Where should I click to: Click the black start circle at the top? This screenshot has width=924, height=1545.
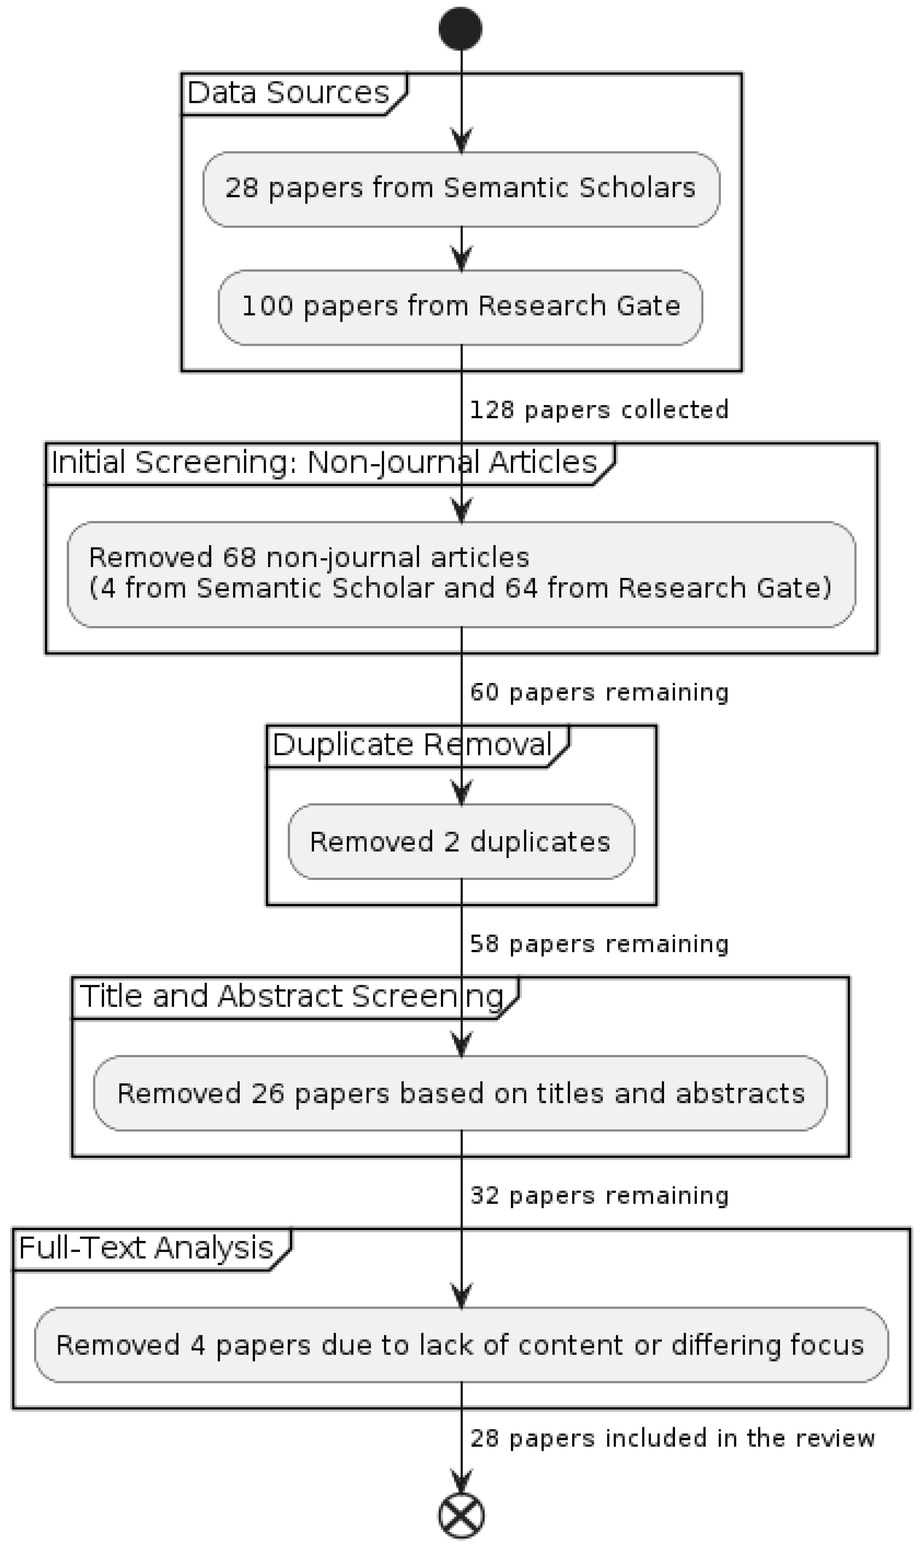click(460, 28)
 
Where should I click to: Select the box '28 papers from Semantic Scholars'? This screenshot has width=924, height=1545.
click(461, 189)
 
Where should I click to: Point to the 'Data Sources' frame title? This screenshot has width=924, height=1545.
click(288, 93)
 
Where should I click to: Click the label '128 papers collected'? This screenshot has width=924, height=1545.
click(598, 410)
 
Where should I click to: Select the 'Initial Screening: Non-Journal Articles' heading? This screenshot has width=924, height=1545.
click(324, 462)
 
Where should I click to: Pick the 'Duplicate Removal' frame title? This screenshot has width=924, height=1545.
click(412, 745)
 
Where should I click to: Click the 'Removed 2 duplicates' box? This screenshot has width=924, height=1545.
click(461, 841)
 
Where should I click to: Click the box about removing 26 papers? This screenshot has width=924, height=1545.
click(460, 1093)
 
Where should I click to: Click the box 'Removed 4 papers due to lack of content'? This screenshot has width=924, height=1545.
click(460, 1345)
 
